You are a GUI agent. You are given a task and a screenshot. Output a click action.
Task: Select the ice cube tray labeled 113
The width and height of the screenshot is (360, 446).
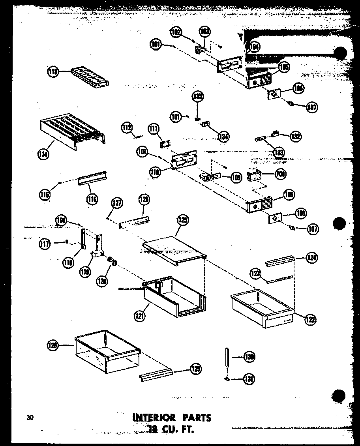click(x=89, y=76)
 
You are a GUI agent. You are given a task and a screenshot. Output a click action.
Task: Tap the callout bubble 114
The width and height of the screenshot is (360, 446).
click(x=44, y=154)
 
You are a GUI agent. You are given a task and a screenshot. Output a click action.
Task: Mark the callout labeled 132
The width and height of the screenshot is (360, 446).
click(x=295, y=136)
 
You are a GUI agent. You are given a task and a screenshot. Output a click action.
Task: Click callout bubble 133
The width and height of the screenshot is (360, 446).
click(x=279, y=152)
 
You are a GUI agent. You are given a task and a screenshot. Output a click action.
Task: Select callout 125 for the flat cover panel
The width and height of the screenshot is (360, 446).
click(x=183, y=220)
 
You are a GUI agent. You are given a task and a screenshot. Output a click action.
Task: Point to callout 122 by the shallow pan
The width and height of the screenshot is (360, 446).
click(x=310, y=320)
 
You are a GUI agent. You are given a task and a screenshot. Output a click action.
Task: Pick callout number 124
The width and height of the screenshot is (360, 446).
click(x=311, y=259)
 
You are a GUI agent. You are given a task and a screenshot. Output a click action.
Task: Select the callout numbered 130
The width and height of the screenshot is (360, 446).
click(x=249, y=357)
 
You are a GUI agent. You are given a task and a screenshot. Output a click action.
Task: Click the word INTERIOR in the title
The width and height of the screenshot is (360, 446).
click(x=154, y=418)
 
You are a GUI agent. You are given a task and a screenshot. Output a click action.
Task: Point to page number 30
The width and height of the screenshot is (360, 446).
click(x=30, y=418)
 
